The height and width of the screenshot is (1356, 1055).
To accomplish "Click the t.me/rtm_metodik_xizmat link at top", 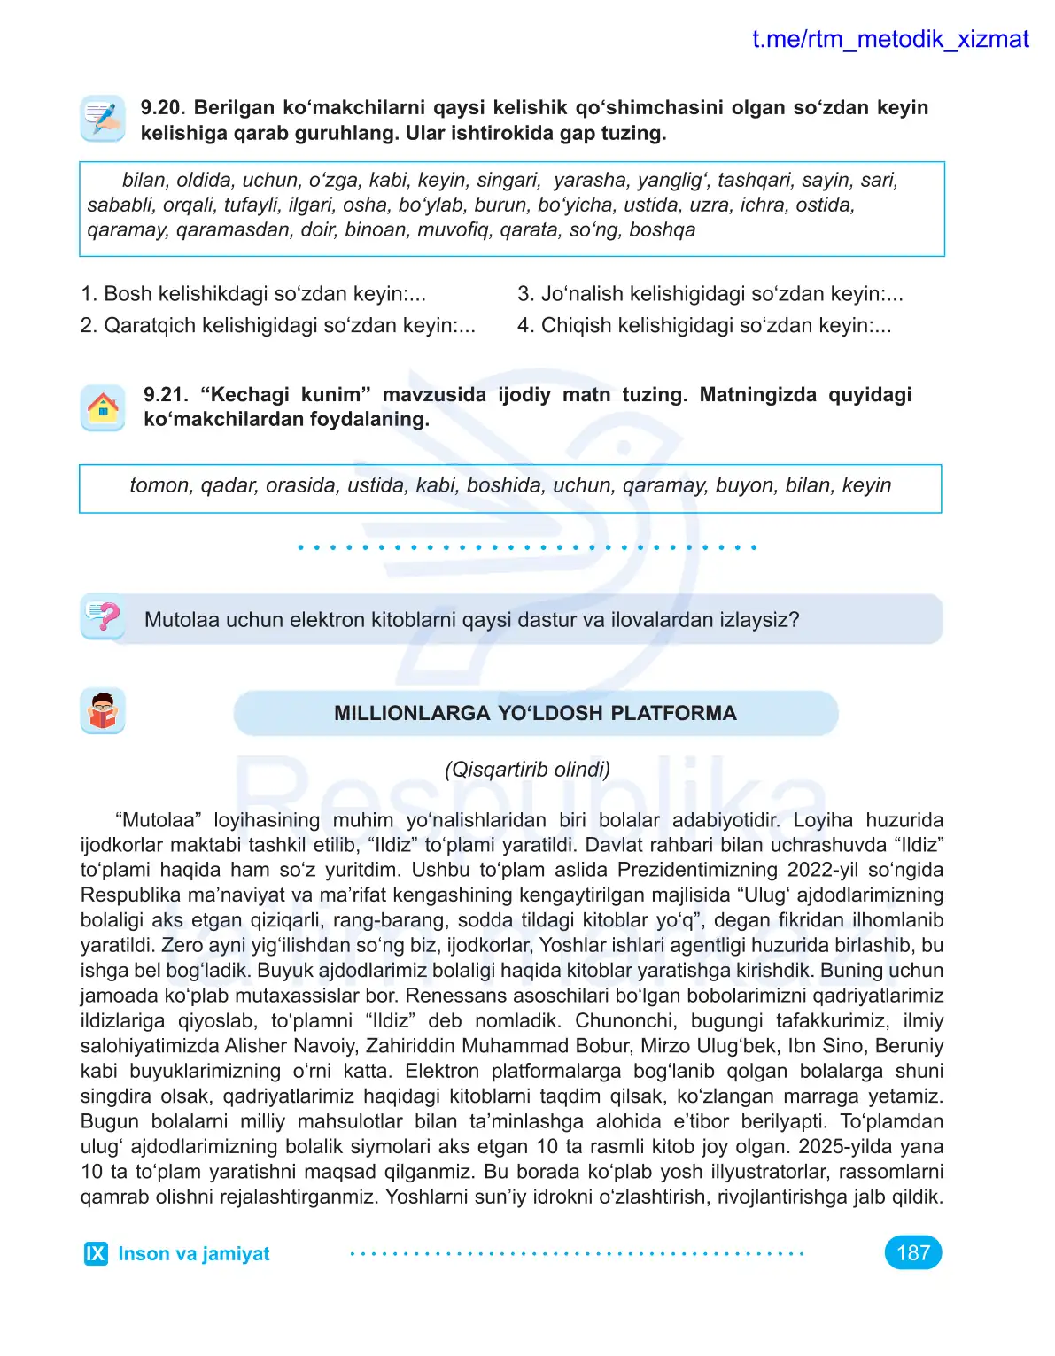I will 889,39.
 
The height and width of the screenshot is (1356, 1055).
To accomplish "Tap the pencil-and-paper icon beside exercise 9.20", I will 103,119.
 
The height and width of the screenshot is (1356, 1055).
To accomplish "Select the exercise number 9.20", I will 162,108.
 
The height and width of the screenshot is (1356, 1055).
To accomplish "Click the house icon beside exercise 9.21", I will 103,408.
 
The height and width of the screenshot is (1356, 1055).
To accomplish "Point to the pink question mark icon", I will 104,616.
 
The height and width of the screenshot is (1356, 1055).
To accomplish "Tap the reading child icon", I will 103,711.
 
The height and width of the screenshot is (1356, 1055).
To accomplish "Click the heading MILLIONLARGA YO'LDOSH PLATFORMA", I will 535,714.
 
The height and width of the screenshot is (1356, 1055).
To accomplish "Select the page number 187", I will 912,1252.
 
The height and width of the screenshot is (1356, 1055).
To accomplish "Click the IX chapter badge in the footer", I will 96,1253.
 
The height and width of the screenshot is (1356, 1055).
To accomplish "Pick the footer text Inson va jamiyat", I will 194,1253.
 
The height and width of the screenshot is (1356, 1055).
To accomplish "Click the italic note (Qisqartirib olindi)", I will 527,769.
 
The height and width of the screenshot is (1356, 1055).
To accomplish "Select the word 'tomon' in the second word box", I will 159,485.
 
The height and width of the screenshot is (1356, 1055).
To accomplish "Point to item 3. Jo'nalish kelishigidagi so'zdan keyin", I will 710,294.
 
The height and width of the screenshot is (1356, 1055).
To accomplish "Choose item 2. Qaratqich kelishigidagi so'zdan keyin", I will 278,326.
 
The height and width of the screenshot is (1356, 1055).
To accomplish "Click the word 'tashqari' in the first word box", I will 754,181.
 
